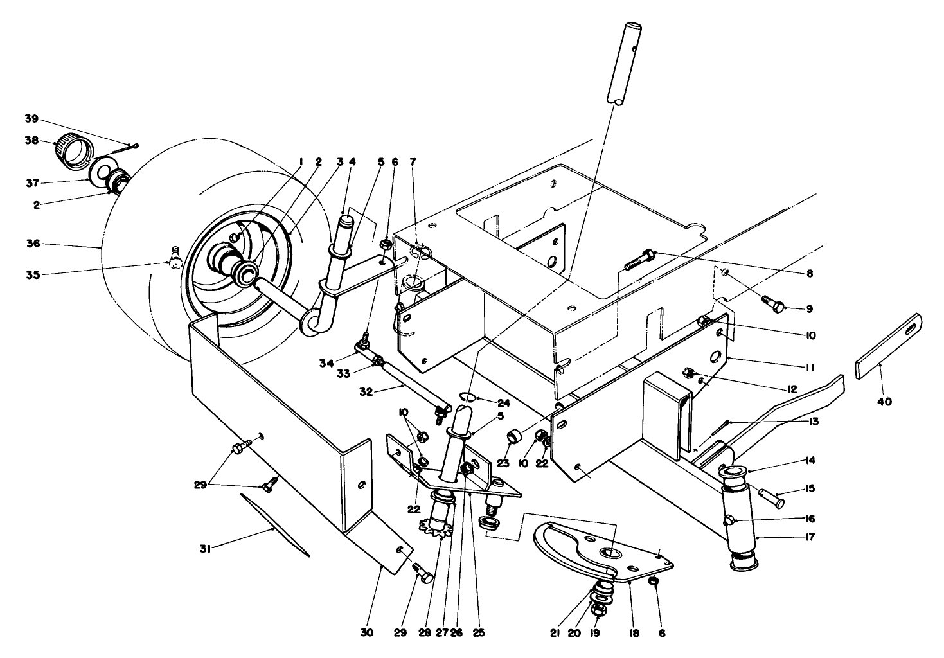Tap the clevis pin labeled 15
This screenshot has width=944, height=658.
click(770, 495)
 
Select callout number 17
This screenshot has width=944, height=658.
click(809, 537)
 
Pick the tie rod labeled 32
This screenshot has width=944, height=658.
click(411, 388)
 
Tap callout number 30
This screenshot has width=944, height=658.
click(366, 632)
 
